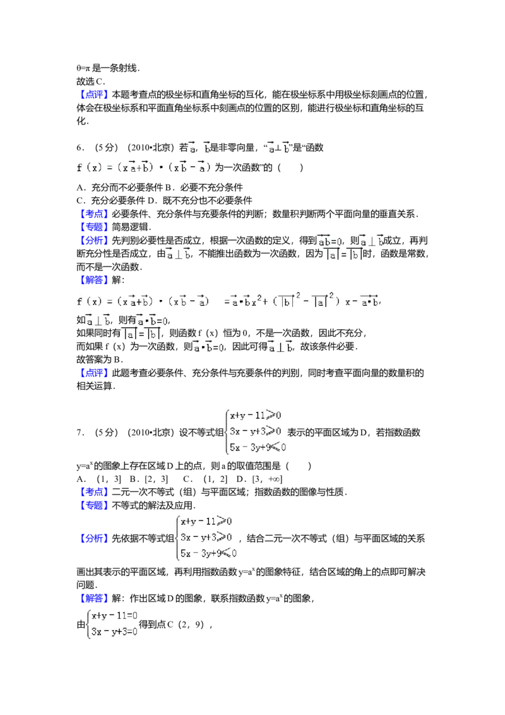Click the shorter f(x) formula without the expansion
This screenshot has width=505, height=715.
click(146, 167)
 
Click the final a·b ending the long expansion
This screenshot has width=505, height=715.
click(367, 301)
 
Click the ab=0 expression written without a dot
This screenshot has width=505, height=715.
click(328, 241)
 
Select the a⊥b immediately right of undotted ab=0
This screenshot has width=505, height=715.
click(371, 241)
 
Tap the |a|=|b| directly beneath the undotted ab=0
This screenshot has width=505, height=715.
click(342, 255)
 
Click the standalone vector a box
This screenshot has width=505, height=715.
click(192, 147)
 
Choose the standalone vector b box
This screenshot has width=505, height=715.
click(206, 147)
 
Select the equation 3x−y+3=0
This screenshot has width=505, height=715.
click(114, 631)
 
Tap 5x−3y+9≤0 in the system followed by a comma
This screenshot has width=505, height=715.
click(208, 553)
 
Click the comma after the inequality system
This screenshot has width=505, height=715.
click(241, 539)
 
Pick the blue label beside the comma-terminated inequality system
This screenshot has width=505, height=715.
click(95, 539)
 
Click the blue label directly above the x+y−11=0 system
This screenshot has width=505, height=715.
click(95, 598)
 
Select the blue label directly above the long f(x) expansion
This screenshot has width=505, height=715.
click(95, 279)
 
